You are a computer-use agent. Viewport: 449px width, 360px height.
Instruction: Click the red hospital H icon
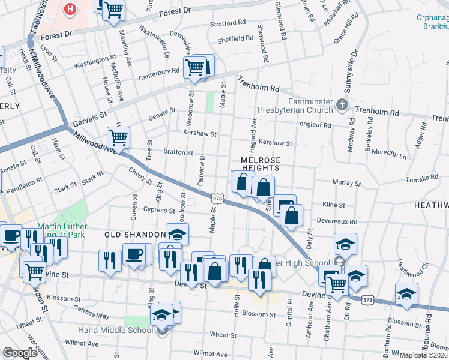tap(71, 9)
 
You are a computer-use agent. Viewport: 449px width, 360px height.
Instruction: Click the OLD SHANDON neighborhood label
tap(135, 234)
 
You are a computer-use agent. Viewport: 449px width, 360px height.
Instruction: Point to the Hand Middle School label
tap(124, 330)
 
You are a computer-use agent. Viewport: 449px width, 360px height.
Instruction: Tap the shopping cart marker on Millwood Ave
tap(118, 138)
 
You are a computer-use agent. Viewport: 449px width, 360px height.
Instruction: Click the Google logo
tap(20, 353)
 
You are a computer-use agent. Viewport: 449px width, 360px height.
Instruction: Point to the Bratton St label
tap(179, 153)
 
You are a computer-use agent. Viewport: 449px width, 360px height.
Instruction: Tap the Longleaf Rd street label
tap(313, 125)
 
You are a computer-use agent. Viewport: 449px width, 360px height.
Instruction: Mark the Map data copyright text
tap(422, 355)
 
